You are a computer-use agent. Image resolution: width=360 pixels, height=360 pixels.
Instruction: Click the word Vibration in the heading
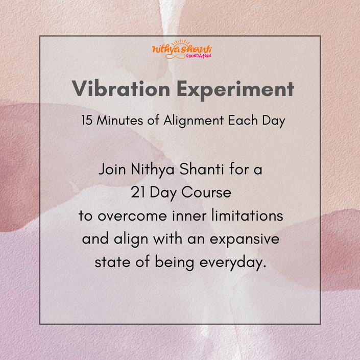click(x=121, y=88)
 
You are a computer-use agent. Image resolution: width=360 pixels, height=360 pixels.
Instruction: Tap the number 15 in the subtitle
click(x=87, y=120)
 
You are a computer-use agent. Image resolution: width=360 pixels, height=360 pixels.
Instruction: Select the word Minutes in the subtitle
click(x=119, y=120)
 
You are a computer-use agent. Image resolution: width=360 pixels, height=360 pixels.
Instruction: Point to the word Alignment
click(x=194, y=121)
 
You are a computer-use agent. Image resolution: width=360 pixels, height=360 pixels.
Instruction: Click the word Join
click(x=112, y=170)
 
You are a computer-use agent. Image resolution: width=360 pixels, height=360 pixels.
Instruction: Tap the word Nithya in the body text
click(x=153, y=170)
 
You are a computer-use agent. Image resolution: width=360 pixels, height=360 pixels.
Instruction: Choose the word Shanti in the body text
click(x=201, y=169)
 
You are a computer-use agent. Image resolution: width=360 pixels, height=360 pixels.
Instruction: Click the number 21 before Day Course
click(x=138, y=192)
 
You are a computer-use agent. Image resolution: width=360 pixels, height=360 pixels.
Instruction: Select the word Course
click(x=206, y=192)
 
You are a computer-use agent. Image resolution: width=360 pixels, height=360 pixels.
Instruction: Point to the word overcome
click(x=132, y=217)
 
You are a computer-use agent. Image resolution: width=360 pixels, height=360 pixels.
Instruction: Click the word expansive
click(x=245, y=239)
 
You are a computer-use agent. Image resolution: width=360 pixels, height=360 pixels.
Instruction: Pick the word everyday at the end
click(x=233, y=263)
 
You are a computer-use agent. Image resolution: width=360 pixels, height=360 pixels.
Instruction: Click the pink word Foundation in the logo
click(x=198, y=56)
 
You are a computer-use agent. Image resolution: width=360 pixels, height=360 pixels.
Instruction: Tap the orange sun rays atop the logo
click(x=181, y=43)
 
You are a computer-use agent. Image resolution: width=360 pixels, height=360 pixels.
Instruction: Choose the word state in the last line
click(x=112, y=262)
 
